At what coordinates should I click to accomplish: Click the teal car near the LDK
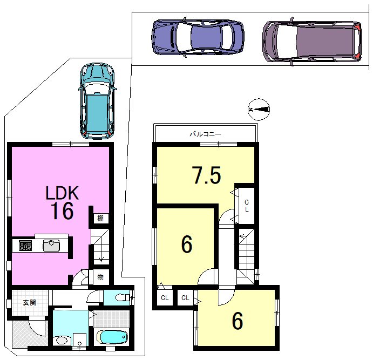click(97, 101)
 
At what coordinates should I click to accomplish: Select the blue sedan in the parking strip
click(198, 37)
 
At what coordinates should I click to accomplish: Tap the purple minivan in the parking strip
click(312, 42)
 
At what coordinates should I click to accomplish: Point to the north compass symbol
click(259, 110)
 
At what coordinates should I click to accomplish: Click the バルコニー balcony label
click(205, 134)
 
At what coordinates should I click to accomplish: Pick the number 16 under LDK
click(62, 210)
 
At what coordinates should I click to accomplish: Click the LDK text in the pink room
click(62, 193)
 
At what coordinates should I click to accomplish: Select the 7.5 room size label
click(207, 175)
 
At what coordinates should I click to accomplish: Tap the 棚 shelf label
click(100, 218)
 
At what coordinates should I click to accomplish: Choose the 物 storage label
click(100, 277)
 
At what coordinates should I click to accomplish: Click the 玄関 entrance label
click(30, 302)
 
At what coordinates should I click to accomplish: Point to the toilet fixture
click(122, 297)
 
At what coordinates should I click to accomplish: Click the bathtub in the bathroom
click(112, 337)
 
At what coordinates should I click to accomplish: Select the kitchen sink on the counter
click(51, 246)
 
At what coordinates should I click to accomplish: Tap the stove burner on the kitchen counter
click(25, 246)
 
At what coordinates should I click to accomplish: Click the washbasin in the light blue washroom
click(62, 340)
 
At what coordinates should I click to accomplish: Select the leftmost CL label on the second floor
click(165, 298)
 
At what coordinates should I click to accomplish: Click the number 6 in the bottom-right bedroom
click(238, 321)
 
